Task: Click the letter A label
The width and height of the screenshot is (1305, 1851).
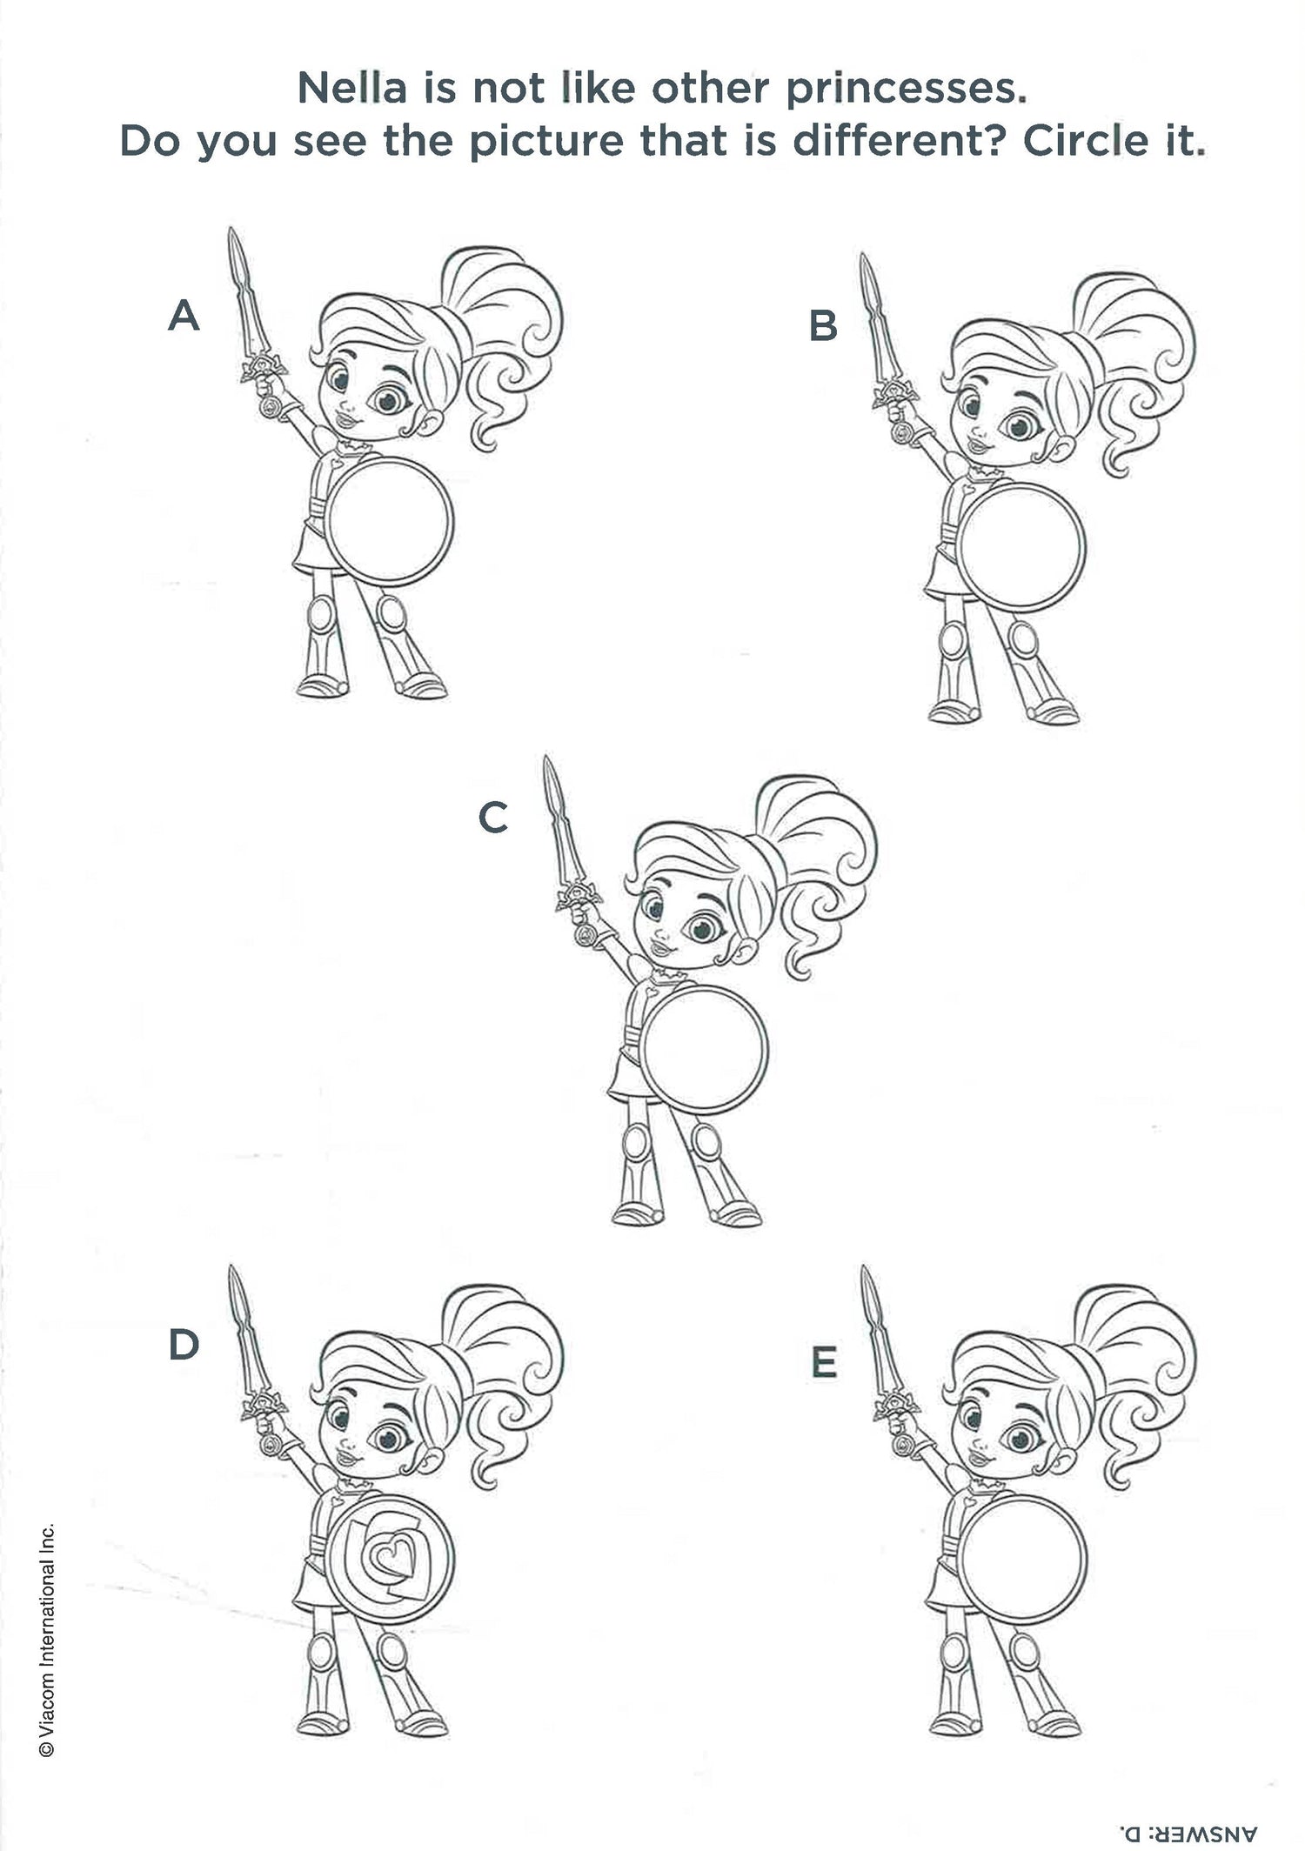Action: pyautogui.click(x=184, y=315)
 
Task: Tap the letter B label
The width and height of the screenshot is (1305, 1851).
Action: pyautogui.click(x=823, y=325)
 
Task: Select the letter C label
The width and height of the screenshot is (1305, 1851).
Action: pyautogui.click(x=493, y=818)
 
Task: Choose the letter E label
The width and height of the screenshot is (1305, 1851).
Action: pyautogui.click(x=824, y=1362)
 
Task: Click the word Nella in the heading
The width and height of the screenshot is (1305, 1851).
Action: pyautogui.click(x=352, y=89)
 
